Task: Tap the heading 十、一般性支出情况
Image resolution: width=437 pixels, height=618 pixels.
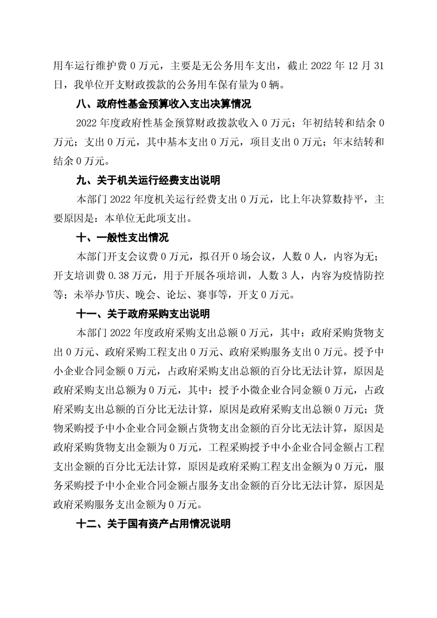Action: tap(121, 238)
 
